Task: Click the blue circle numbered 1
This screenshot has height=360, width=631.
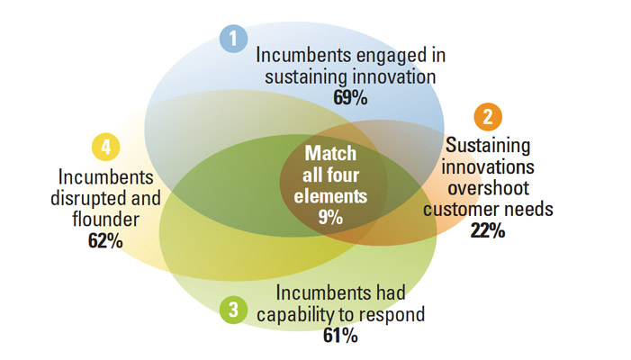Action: pyautogui.click(x=233, y=39)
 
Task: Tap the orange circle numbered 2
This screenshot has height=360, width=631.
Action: pyautogui.click(x=488, y=117)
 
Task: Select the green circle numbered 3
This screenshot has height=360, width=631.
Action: pyautogui.click(x=233, y=310)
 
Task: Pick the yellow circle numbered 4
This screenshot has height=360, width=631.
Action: pyautogui.click(x=106, y=147)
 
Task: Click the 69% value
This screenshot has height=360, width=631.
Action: pyautogui.click(x=350, y=98)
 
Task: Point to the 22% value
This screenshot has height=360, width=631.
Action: pyautogui.click(x=488, y=231)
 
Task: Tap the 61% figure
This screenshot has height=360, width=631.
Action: pyautogui.click(x=340, y=336)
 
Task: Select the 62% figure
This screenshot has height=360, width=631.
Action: pyautogui.click(x=105, y=241)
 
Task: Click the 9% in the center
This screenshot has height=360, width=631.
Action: pyautogui.click(x=330, y=218)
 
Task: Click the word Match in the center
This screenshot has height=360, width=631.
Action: pyautogui.click(x=330, y=153)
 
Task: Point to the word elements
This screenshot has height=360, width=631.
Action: pyautogui.click(x=330, y=196)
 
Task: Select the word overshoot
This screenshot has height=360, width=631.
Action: pyautogui.click(x=488, y=188)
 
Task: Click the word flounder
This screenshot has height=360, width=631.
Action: pyautogui.click(x=106, y=220)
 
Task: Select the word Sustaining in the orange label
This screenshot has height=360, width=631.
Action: pyautogui.click(x=488, y=146)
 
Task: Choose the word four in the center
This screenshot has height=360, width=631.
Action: pyautogui.click(x=346, y=175)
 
